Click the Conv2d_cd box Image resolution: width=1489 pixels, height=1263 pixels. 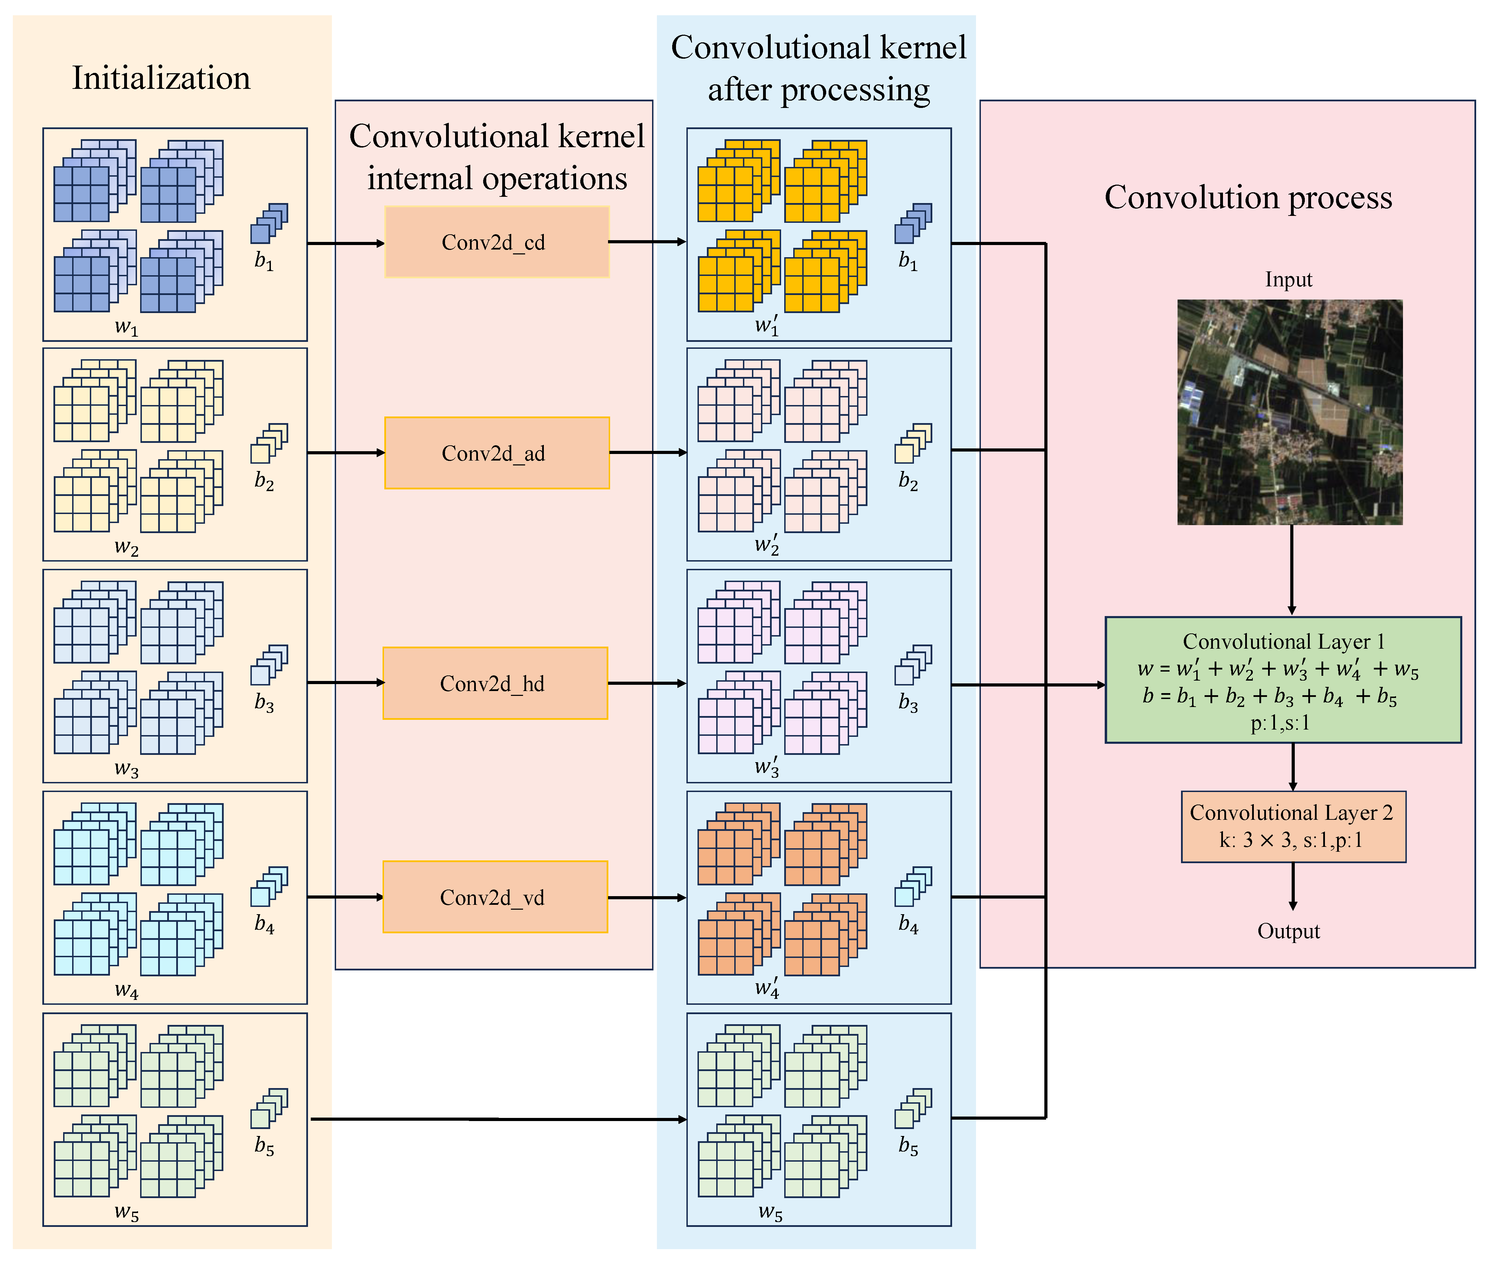point(497,242)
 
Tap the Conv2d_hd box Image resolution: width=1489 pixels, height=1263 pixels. point(495,683)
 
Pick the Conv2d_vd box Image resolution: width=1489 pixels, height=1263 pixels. point(495,897)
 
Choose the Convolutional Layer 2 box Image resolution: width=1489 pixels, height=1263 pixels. point(1293,826)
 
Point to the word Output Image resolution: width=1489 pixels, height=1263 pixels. point(1289,931)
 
